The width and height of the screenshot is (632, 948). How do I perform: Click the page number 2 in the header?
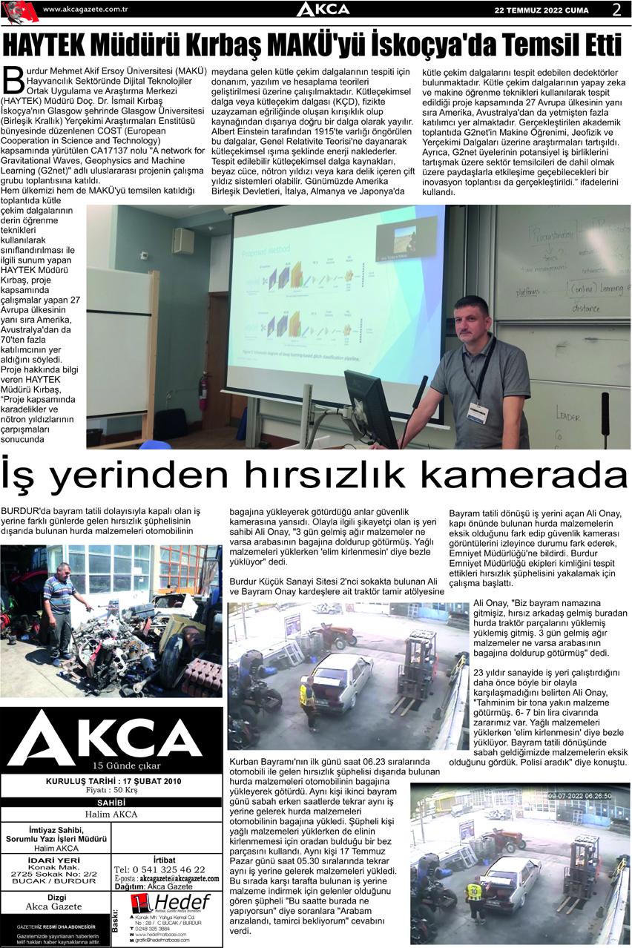click(616, 10)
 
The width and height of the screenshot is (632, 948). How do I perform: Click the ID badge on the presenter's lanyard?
click(477, 412)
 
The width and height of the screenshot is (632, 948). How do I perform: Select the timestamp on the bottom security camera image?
click(579, 796)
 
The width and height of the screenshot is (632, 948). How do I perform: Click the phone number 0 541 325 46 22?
click(159, 869)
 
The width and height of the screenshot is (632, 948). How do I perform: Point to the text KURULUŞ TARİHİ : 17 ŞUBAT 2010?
click(112, 781)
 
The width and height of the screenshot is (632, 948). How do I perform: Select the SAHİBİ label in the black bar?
click(112, 802)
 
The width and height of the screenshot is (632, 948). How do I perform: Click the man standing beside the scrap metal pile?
click(59, 612)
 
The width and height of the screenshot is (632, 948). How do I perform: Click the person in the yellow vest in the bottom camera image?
click(473, 897)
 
